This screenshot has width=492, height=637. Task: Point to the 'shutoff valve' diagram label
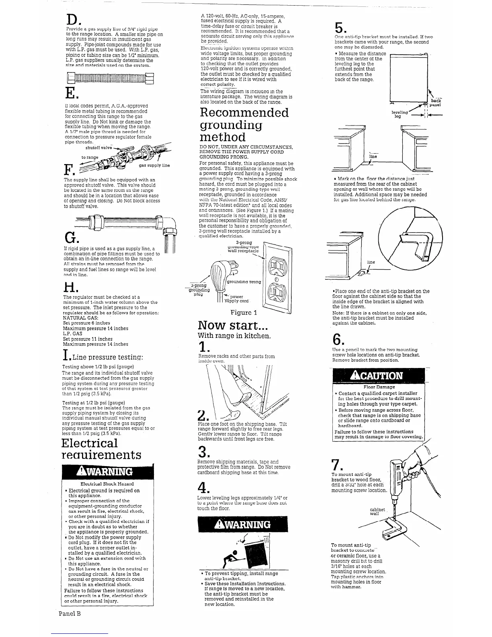(98, 148)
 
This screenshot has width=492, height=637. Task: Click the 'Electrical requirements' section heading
(101, 449)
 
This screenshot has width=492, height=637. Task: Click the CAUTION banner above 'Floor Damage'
(377, 376)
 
